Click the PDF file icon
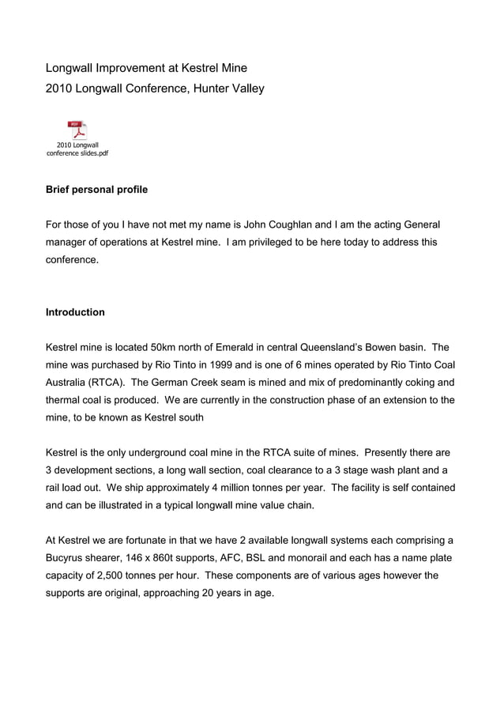pyautogui.click(x=77, y=130)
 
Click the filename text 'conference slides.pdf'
pyautogui.click(x=77, y=153)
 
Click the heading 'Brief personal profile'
pyautogui.click(x=96, y=190)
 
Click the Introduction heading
pyautogui.click(x=75, y=312)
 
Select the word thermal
pyautogui.click(x=65, y=399)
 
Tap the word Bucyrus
pyautogui.click(x=67, y=558)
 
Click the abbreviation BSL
pyautogui.click(x=273, y=558)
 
